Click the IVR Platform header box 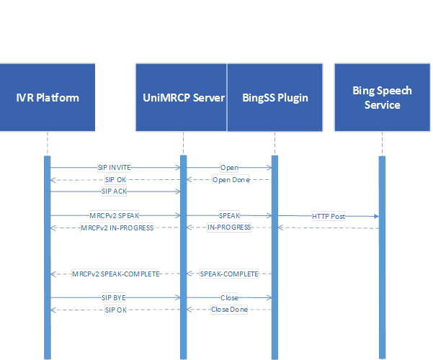click(x=48, y=97)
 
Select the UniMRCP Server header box click(x=181, y=97)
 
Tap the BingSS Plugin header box click(x=274, y=97)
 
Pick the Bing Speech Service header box click(x=382, y=97)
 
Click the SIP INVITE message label click(x=115, y=168)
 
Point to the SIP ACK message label click(x=114, y=192)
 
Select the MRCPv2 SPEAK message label click(x=114, y=215)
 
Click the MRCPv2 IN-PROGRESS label click(x=117, y=228)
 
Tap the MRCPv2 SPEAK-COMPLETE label click(x=115, y=274)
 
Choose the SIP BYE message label click(x=114, y=297)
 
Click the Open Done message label click(x=231, y=180)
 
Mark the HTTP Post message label click(x=329, y=216)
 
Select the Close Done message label click(x=229, y=310)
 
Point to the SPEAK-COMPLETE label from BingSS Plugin click(x=229, y=274)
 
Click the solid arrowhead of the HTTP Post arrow click(x=376, y=216)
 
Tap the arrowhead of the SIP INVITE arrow click(x=177, y=167)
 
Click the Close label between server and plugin click(x=229, y=297)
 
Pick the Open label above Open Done click(x=229, y=168)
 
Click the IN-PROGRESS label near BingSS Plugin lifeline click(x=229, y=228)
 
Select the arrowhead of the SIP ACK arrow click(x=177, y=192)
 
